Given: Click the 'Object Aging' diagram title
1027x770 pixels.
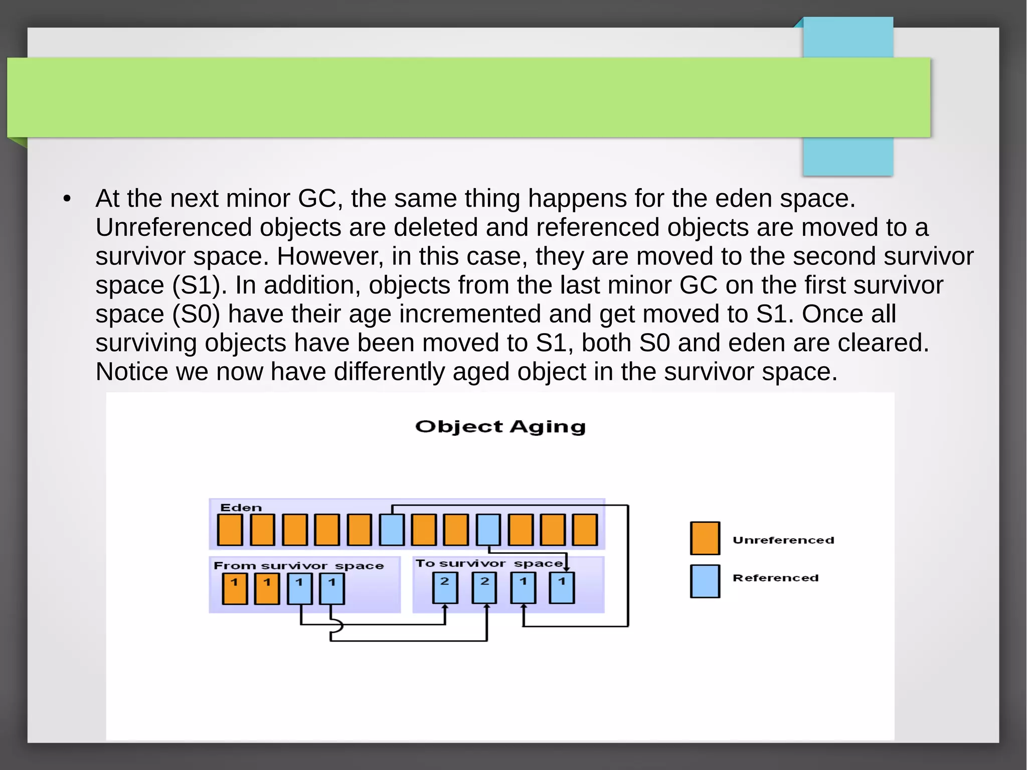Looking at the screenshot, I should (x=500, y=426).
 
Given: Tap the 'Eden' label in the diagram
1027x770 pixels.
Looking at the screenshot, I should (x=241, y=508).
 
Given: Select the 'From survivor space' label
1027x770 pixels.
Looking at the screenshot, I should (x=298, y=566).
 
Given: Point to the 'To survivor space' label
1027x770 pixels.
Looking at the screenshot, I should (x=489, y=563).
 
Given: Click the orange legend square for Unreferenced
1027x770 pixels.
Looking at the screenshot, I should (x=705, y=538).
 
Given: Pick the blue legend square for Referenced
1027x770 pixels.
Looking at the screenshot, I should (x=705, y=581).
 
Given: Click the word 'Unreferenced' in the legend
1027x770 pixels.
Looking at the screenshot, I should (x=783, y=540).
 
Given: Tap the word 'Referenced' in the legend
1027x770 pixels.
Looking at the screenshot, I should (x=775, y=578).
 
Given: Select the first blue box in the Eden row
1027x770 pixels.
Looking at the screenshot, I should (x=392, y=530).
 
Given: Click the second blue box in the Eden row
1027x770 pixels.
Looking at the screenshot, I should (x=488, y=530).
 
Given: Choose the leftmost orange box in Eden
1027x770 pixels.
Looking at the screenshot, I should (x=230, y=530).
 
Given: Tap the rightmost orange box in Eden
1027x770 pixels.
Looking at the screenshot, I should (x=585, y=530).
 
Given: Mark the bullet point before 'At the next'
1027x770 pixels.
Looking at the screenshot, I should (x=67, y=199).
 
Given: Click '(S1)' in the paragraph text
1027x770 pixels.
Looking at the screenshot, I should (x=196, y=285).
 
